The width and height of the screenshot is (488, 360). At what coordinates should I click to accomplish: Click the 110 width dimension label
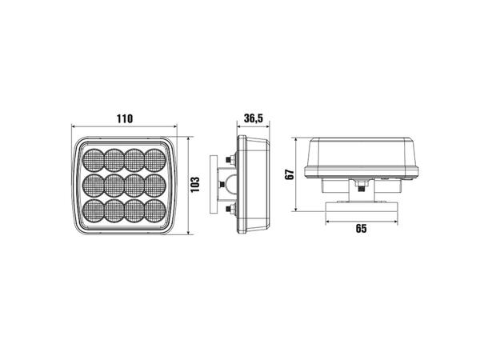coord(125,118)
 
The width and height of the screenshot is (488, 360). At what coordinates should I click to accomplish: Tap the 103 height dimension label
coord(195,185)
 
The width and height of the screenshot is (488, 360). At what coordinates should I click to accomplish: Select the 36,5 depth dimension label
coord(254,118)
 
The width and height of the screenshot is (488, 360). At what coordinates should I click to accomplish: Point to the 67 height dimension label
coord(290,174)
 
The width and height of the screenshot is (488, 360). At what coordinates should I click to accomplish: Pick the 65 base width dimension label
coord(361,228)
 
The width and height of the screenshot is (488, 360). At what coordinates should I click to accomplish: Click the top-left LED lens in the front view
coord(94,160)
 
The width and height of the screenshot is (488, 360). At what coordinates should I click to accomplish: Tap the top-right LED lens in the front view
coord(155,160)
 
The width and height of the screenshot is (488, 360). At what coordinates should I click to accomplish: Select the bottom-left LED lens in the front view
coord(94,210)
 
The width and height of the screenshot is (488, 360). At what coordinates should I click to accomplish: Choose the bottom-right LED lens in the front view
coord(155,210)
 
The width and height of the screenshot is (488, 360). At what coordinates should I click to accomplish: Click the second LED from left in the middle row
coord(114,186)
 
